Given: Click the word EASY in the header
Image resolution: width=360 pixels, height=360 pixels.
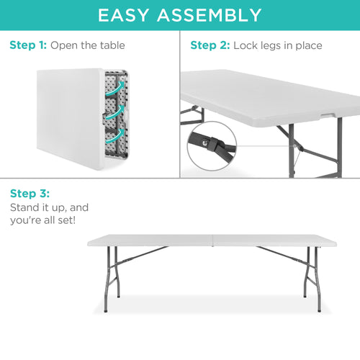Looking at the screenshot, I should [x=127, y=14].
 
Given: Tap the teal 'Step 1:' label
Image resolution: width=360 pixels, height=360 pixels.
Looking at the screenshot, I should [x=28, y=45].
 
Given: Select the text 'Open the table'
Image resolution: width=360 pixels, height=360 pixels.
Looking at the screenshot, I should [x=88, y=45].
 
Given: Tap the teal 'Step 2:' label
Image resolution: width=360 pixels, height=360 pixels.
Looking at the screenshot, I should [x=210, y=45].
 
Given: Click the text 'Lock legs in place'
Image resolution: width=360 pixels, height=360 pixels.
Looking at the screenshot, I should [x=278, y=45].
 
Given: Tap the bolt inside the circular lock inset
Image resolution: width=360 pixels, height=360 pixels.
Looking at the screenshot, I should [x=207, y=143].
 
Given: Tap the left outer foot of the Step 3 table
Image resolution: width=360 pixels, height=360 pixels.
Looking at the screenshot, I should [x=106, y=310].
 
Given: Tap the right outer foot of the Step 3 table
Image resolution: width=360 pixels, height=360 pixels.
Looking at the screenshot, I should [x=319, y=310].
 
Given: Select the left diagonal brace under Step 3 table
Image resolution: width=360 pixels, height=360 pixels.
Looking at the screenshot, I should [x=140, y=253].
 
